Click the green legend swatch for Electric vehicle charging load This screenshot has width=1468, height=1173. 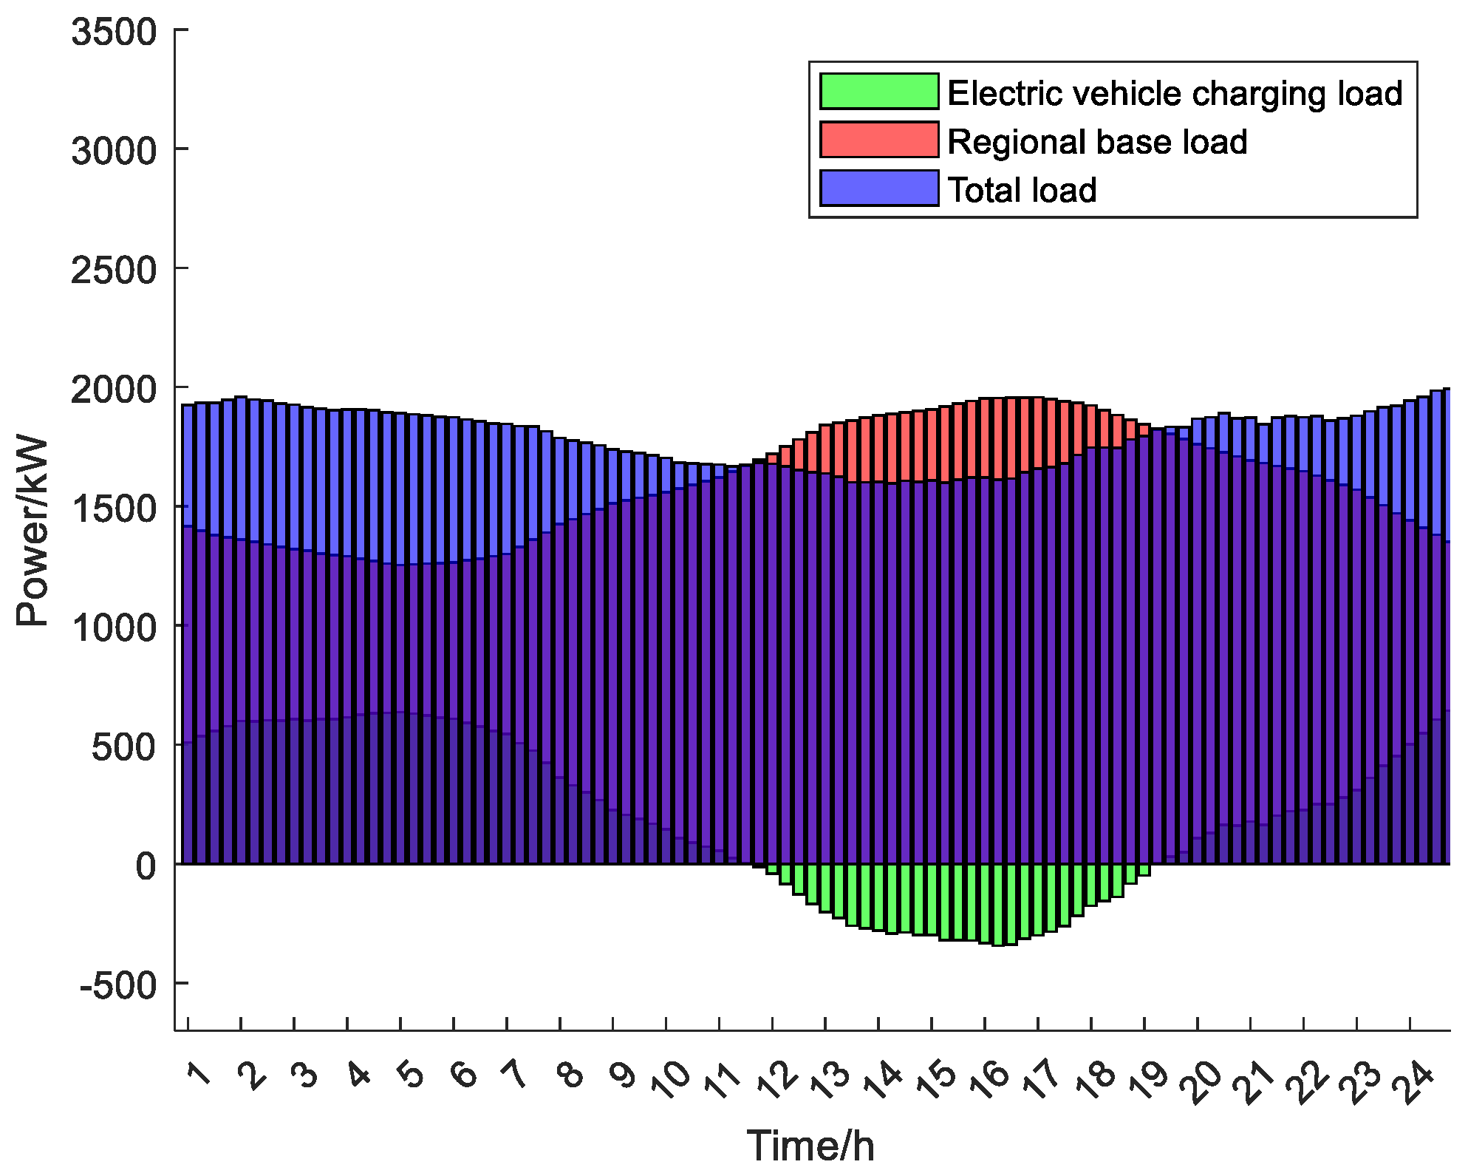[878, 92]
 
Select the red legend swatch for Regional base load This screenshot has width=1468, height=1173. [878, 140]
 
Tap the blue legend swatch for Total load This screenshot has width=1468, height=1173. [878, 188]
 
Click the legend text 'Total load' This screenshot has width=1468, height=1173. [1022, 190]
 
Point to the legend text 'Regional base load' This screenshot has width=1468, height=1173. [1097, 142]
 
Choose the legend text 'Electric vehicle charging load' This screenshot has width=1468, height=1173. [1175, 94]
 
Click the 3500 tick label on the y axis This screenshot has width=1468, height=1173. [115, 33]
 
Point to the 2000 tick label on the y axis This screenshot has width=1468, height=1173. [115, 390]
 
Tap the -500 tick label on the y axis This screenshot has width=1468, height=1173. [118, 985]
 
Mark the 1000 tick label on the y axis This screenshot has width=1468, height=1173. [115, 628]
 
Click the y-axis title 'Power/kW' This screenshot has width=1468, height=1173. [33, 532]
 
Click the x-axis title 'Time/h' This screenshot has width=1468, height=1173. [810, 1146]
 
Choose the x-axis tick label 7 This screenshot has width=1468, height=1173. [515, 1075]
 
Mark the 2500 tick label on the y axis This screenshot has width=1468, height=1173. [115, 271]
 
